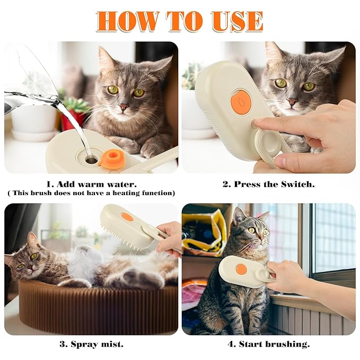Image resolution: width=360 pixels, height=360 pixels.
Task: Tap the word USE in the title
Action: point(237,21)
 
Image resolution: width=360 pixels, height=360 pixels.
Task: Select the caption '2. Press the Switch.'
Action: point(268,185)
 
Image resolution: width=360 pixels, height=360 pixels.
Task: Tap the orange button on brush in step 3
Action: point(127,217)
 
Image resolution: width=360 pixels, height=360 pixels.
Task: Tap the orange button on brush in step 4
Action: point(241,269)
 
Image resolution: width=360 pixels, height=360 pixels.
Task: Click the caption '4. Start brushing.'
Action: point(268,344)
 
